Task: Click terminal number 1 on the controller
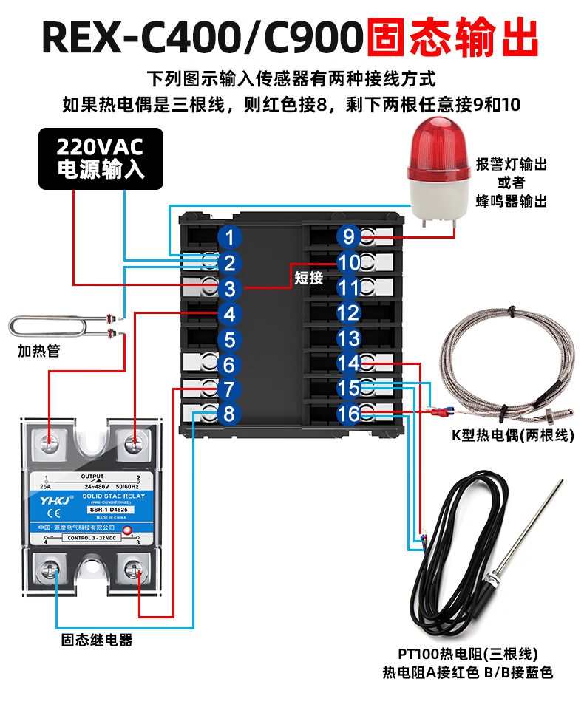click(230, 237)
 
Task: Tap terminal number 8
click(228, 414)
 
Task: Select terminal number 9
click(347, 237)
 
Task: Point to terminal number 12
click(347, 313)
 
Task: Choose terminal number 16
click(347, 414)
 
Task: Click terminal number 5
click(230, 340)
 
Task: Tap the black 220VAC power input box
click(101, 157)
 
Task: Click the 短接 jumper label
click(309, 278)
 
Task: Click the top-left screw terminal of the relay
click(50, 444)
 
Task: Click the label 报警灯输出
click(512, 164)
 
